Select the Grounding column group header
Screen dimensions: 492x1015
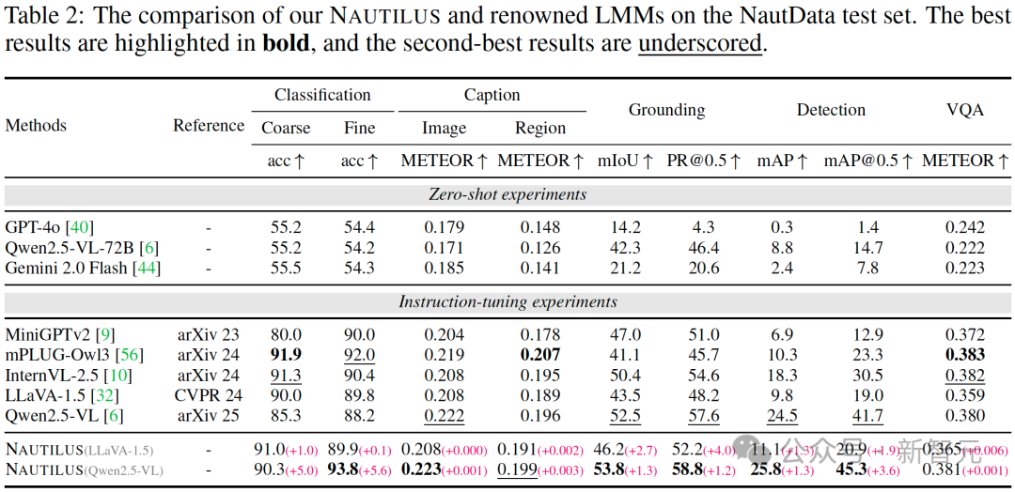click(666, 110)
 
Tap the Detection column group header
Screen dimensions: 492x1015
click(831, 110)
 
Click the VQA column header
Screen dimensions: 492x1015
click(965, 110)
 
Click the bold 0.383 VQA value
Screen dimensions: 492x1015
click(966, 355)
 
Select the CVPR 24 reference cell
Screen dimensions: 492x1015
click(209, 394)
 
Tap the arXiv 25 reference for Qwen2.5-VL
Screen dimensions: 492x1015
click(209, 415)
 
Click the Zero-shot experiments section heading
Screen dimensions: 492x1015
click(507, 194)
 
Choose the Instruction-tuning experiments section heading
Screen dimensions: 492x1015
click(507, 301)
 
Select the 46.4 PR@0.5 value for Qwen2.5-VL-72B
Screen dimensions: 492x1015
click(703, 248)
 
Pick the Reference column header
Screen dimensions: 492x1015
click(209, 126)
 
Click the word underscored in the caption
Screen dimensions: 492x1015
click(699, 45)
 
